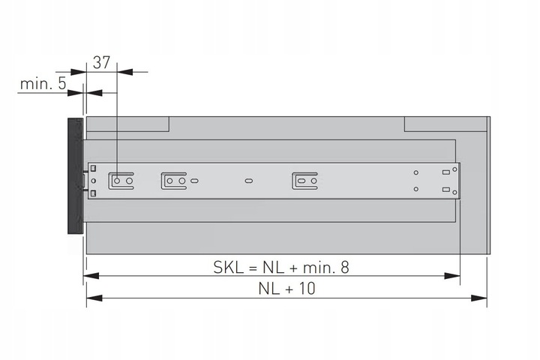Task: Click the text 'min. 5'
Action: coord(42,83)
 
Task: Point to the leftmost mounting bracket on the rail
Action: coord(121,181)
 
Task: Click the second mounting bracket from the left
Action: coord(173,181)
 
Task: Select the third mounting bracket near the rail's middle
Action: coord(304,181)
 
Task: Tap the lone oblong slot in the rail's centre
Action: coord(249,181)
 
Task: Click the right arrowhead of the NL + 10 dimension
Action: coord(480,298)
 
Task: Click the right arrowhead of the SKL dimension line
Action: coord(451,276)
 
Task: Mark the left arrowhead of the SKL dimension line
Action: coord(91,276)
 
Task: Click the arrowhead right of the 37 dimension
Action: coord(125,72)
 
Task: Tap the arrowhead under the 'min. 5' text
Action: coord(75,92)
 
